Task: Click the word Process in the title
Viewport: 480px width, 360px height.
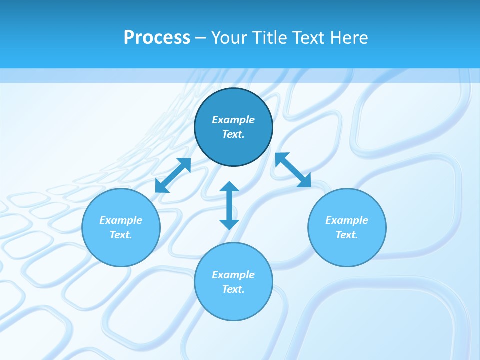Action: (x=157, y=38)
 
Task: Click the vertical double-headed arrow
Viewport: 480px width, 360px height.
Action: (x=229, y=205)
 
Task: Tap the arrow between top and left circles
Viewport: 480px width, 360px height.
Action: (x=173, y=175)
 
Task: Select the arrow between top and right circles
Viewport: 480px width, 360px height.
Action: (x=293, y=170)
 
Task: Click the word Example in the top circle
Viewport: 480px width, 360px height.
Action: (x=233, y=120)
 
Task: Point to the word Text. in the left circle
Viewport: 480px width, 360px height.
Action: (x=121, y=235)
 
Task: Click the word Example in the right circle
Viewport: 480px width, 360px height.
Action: (x=347, y=220)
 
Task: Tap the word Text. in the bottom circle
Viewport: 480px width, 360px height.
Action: (x=233, y=289)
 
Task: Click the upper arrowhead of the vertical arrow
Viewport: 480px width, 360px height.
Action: (x=229, y=187)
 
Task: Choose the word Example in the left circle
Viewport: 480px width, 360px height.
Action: (x=121, y=220)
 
